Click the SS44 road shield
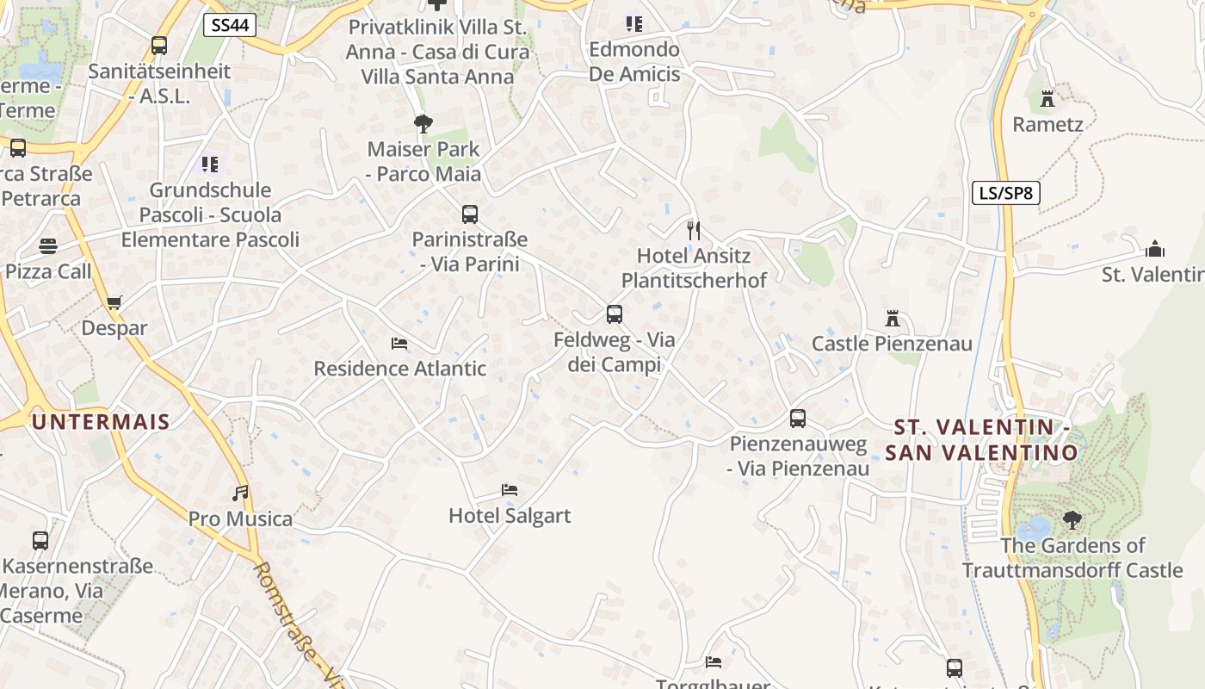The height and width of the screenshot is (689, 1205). pos(230,25)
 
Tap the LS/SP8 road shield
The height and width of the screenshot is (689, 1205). pos(1006,193)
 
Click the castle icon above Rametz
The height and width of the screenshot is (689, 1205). pos(1047,99)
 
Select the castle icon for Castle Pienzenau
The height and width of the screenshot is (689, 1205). pos(893,319)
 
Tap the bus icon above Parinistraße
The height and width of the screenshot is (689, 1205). pos(469,214)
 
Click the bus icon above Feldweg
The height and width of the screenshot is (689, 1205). pos(614,314)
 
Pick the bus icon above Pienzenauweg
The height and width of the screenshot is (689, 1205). pos(798,419)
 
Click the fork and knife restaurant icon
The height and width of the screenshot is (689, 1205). pos(694,230)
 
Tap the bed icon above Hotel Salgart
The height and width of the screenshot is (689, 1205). pos(510,490)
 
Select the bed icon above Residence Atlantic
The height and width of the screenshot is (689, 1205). pos(399,343)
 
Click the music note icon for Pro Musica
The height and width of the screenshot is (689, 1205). pos(241,493)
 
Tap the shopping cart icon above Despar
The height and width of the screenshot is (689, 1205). pos(114,302)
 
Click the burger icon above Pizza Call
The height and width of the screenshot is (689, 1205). pos(47,247)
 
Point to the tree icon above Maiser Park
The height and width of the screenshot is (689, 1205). pos(423,124)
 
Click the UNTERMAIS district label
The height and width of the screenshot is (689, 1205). pos(101,421)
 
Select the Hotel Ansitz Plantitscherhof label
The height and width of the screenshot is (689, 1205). pos(694,268)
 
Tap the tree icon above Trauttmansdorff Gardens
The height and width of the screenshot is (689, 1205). pos(1072,519)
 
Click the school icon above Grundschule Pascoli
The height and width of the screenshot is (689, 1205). pos(210,164)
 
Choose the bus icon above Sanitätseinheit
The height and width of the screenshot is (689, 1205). pos(158,45)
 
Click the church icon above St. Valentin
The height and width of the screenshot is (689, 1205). pos(1155,249)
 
